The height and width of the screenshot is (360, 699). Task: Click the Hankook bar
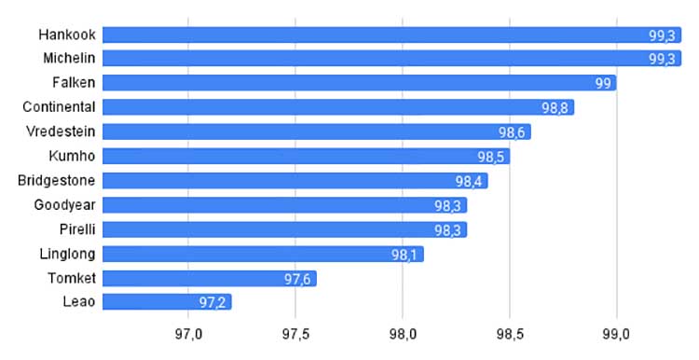click(391, 35)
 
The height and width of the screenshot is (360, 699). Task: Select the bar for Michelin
click(391, 59)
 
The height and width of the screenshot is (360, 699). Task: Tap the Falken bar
click(360, 83)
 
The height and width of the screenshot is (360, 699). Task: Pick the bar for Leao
click(167, 302)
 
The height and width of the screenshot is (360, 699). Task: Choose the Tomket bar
click(210, 278)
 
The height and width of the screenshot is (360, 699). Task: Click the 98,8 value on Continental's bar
click(555, 108)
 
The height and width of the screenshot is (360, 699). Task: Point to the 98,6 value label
click(512, 132)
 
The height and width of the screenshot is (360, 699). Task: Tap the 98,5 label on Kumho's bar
click(491, 157)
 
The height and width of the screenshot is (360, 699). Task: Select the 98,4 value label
click(469, 182)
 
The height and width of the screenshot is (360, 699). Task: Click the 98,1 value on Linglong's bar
click(404, 255)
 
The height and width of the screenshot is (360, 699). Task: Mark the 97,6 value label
click(297, 279)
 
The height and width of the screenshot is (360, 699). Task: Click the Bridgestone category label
click(57, 181)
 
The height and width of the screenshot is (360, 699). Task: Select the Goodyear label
click(64, 205)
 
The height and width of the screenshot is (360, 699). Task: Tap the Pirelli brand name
click(77, 229)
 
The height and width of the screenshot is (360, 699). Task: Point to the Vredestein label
click(61, 132)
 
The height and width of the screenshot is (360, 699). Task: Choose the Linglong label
click(67, 255)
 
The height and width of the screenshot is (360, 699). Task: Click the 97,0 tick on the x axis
click(188, 335)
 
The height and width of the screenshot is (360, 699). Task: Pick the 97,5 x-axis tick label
click(295, 335)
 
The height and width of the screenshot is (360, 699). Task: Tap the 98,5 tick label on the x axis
click(510, 335)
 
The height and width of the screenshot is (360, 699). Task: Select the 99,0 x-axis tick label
click(617, 335)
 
